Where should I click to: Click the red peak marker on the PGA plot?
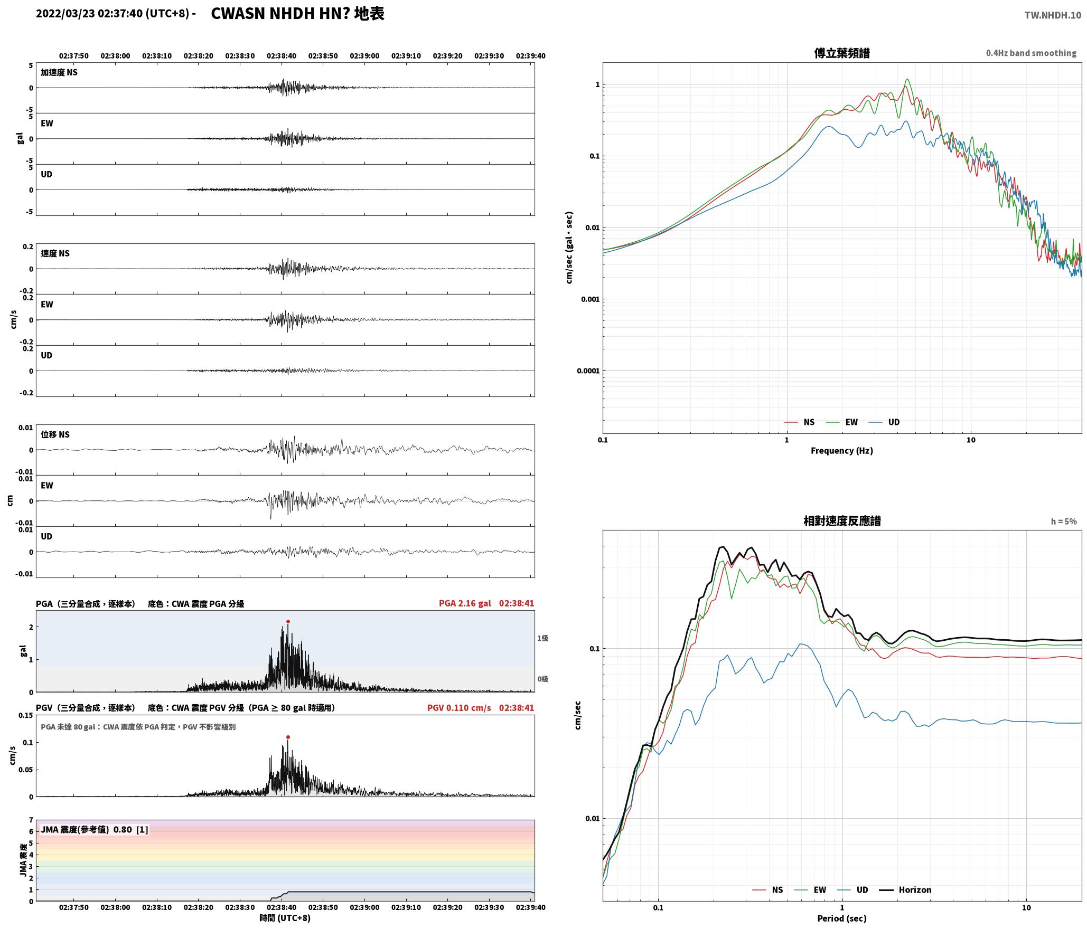pos(288,622)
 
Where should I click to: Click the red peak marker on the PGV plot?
pos(288,737)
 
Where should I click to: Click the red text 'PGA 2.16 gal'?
pos(465,603)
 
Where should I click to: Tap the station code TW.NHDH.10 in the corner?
pos(1053,15)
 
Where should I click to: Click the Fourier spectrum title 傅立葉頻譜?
pos(842,53)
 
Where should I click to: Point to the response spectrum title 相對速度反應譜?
pos(842,521)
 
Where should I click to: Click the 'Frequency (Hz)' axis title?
pos(842,451)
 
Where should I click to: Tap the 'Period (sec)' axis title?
pos(842,918)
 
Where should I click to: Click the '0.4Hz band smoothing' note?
pos(1031,53)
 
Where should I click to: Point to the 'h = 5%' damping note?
pos(1064,522)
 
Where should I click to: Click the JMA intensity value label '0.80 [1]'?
pos(131,830)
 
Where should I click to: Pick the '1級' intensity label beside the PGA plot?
pos(543,638)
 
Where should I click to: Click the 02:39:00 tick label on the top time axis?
pos(364,56)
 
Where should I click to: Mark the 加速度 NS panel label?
pos(59,72)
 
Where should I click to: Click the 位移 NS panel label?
pos(55,434)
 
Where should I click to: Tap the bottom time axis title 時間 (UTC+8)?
pos(285,918)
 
